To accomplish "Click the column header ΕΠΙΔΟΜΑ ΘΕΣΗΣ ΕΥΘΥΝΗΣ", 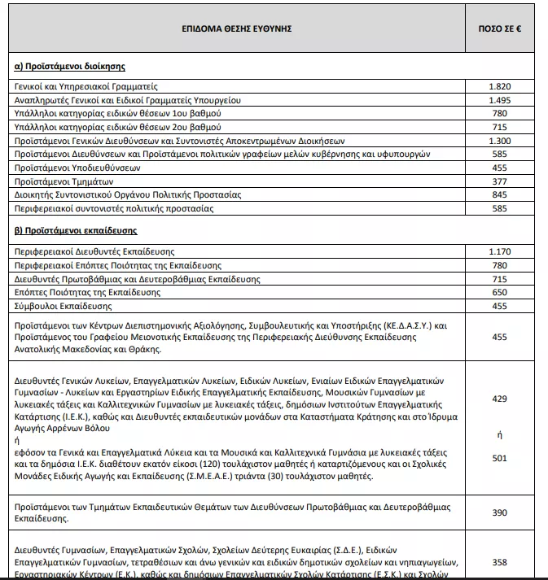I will click(237, 28).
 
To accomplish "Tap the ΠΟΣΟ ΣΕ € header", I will click(500, 28).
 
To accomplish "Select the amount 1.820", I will click(500, 85).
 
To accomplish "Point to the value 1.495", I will click(500, 99).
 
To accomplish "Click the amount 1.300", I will click(500, 141).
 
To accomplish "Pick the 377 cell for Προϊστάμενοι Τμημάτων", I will click(500, 181).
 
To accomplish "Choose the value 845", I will click(500, 195).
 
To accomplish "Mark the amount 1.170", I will click(500, 251).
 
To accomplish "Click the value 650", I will click(500, 293).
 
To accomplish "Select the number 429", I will click(500, 399).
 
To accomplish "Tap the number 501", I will click(500, 458).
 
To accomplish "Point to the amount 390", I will click(500, 512).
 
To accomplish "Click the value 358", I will click(500, 562).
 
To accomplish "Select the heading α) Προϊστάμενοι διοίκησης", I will click(70, 65).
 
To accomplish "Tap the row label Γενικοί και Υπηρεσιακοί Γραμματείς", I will click(85, 85).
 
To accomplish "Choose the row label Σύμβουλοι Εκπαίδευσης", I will click(64, 307).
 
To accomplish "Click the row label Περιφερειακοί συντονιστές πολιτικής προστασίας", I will click(114, 209).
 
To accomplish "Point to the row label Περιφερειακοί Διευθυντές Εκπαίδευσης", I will click(94, 251).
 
